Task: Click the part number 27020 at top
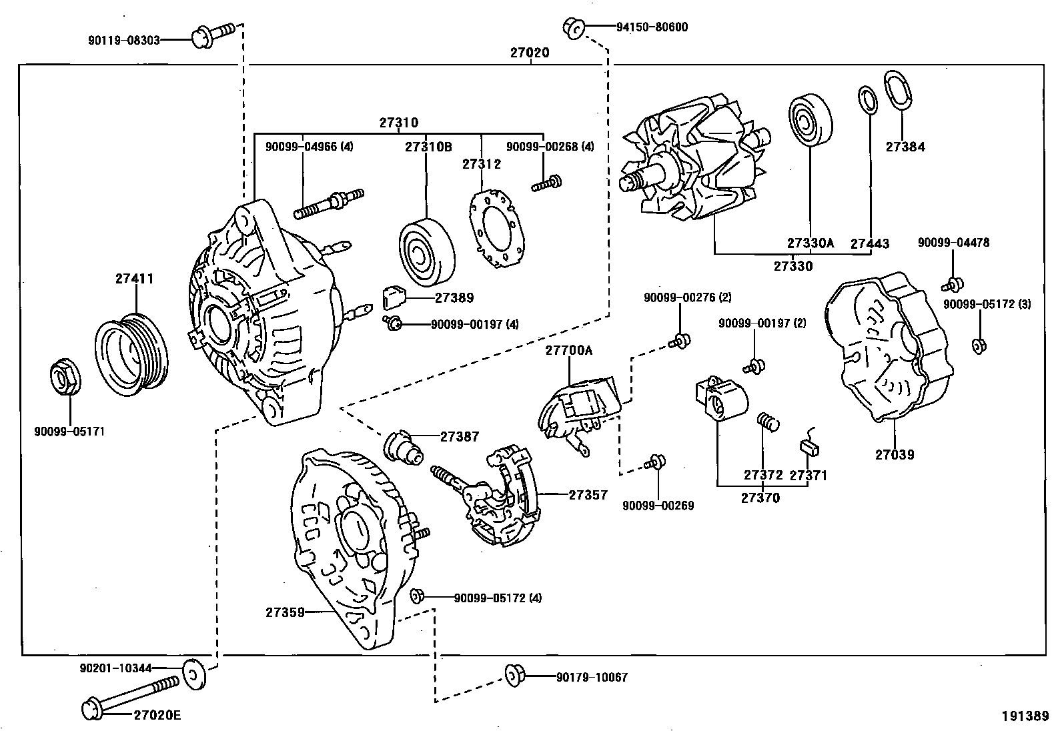(x=530, y=53)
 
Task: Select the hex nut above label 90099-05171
(x=66, y=378)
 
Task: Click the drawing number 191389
(x=1025, y=716)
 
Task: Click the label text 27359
(x=286, y=611)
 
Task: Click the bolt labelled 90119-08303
(x=213, y=35)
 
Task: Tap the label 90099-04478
(x=953, y=243)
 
